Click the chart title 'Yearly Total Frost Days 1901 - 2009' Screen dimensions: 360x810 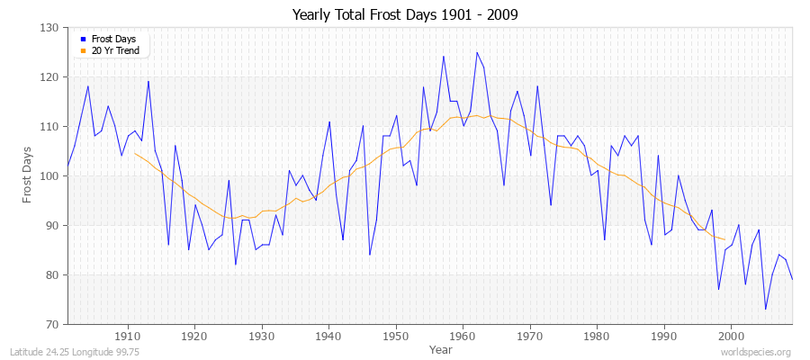(x=405, y=15)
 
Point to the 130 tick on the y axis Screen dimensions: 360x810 (x=50, y=28)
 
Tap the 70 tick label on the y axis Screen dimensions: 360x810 (x=53, y=324)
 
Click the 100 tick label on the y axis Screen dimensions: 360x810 (x=50, y=176)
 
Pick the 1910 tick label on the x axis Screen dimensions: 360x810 (x=127, y=337)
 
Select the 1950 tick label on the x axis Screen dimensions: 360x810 (x=395, y=337)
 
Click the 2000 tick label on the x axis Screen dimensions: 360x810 (x=731, y=337)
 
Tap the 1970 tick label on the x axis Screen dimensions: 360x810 (x=529, y=337)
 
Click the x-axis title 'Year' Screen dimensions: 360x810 (x=441, y=348)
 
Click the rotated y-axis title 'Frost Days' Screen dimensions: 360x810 (x=28, y=176)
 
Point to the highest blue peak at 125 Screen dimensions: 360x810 (x=477, y=52)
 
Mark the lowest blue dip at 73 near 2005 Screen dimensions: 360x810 (x=765, y=310)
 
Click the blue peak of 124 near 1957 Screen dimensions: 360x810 (x=444, y=57)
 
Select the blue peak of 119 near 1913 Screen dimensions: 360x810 (x=148, y=82)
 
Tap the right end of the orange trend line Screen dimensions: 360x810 (x=724, y=239)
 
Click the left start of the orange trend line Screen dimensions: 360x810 (x=134, y=153)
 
